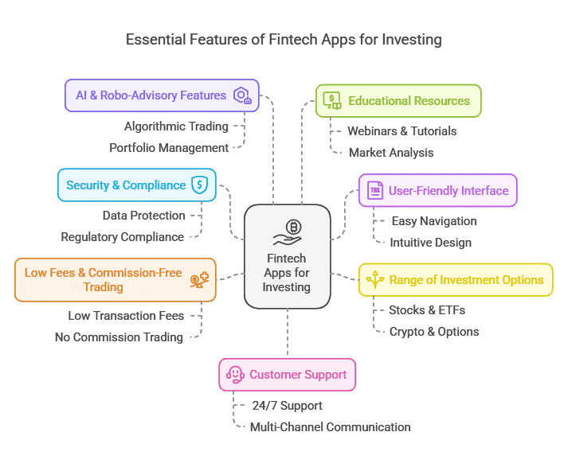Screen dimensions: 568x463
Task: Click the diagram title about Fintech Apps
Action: click(x=284, y=40)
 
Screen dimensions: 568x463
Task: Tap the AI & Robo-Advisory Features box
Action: click(x=162, y=95)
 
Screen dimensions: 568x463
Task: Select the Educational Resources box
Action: click(x=398, y=101)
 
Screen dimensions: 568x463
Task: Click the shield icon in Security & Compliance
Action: click(x=200, y=185)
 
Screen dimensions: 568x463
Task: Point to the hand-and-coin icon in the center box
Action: click(x=288, y=232)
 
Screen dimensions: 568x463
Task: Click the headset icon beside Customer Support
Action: click(x=235, y=375)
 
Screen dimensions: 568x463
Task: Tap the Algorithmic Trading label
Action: click(x=176, y=126)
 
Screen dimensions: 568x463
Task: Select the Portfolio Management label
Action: click(x=169, y=148)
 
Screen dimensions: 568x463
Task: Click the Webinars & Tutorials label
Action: click(x=402, y=131)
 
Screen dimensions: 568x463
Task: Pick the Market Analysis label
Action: click(x=391, y=153)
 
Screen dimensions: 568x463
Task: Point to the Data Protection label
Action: click(x=144, y=216)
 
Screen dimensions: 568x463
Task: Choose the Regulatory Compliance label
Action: click(x=123, y=237)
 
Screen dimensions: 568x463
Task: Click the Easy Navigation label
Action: click(x=434, y=221)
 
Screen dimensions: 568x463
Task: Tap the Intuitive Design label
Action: click(x=431, y=243)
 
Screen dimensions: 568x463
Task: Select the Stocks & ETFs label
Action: click(x=427, y=310)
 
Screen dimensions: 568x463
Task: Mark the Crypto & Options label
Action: click(x=434, y=332)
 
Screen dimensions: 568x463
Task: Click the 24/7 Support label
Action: click(x=288, y=406)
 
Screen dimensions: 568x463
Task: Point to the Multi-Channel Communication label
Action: click(x=331, y=427)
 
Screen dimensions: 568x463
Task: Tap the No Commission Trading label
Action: click(x=119, y=337)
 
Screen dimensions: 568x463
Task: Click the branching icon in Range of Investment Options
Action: click(x=375, y=279)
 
